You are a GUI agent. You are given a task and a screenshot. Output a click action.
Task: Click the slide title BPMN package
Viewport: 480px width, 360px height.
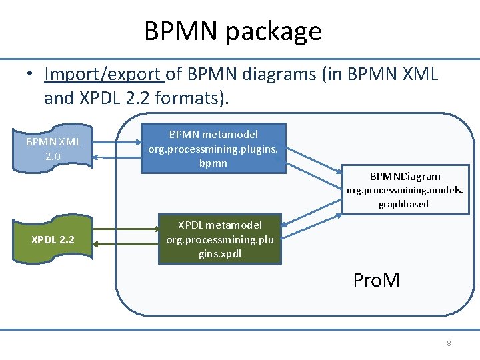(233, 31)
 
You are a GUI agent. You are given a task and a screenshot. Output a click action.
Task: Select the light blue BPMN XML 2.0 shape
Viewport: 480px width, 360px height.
(53, 149)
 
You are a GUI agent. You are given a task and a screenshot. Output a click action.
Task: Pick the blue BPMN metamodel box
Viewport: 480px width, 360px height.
(213, 149)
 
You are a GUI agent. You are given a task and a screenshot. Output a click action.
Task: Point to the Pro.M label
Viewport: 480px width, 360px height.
(377, 280)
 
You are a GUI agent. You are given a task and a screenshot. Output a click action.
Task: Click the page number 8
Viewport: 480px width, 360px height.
(449, 343)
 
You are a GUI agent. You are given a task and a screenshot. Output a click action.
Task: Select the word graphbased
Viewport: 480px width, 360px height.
(404, 204)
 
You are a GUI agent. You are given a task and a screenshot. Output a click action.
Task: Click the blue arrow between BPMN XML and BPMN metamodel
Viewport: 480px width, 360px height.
(117, 149)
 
